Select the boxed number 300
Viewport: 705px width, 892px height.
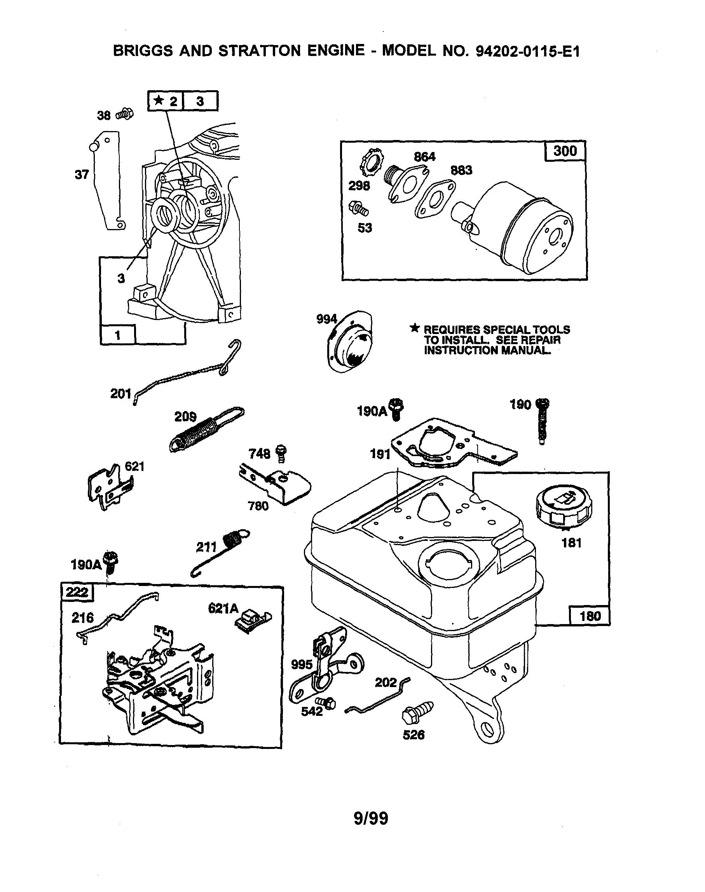[565, 151]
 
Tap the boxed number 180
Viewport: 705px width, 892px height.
[590, 616]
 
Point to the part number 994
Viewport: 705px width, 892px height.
[326, 319]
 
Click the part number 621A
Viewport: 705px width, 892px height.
[223, 608]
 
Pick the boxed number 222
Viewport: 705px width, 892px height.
[77, 592]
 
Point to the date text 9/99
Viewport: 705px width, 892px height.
[371, 818]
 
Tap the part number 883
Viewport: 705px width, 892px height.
[461, 170]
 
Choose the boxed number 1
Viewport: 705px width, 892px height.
[118, 335]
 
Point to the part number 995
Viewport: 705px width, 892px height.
[302, 665]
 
